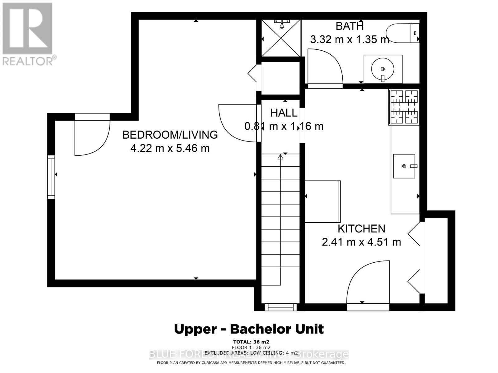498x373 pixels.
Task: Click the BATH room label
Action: pyautogui.click(x=350, y=26)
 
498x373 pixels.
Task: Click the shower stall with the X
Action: pyautogui.click(x=281, y=38)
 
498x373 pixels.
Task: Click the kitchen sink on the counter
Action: pyautogui.click(x=404, y=166)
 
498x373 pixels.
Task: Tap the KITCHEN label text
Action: pyautogui.click(x=361, y=229)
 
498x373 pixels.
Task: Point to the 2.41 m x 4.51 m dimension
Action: pyautogui.click(x=361, y=242)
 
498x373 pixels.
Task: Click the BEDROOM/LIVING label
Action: pyautogui.click(x=170, y=135)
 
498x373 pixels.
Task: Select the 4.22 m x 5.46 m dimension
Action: pyautogui.click(x=170, y=148)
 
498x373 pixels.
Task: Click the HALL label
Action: pyautogui.click(x=284, y=113)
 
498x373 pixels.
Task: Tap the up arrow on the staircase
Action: pyautogui.click(x=280, y=157)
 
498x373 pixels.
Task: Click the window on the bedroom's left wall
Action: pyautogui.click(x=51, y=177)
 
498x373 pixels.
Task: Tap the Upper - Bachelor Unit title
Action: pyautogui.click(x=249, y=329)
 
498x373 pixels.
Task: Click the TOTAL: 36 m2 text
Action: pyautogui.click(x=251, y=342)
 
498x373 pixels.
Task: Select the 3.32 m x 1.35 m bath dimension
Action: pyautogui.click(x=350, y=39)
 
